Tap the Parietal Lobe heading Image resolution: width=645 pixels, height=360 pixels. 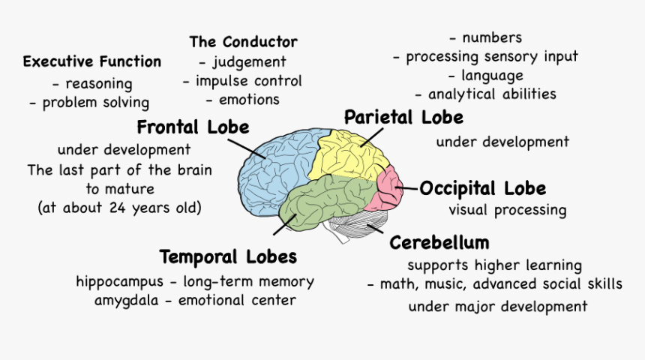click(x=403, y=118)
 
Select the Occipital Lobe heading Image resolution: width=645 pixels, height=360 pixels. click(x=482, y=188)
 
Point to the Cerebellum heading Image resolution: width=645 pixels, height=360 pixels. click(x=439, y=242)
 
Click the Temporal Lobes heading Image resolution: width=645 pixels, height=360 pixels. click(x=228, y=257)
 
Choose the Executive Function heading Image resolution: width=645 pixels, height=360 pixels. click(x=91, y=61)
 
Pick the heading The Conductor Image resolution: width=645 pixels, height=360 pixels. click(x=243, y=42)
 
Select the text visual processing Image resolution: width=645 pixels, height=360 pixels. click(x=507, y=210)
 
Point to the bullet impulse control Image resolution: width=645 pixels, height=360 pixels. click(x=248, y=81)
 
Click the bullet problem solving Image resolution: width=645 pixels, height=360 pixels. click(x=95, y=103)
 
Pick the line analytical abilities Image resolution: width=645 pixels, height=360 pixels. click(x=491, y=94)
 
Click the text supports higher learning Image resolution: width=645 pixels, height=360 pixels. click(x=494, y=265)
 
